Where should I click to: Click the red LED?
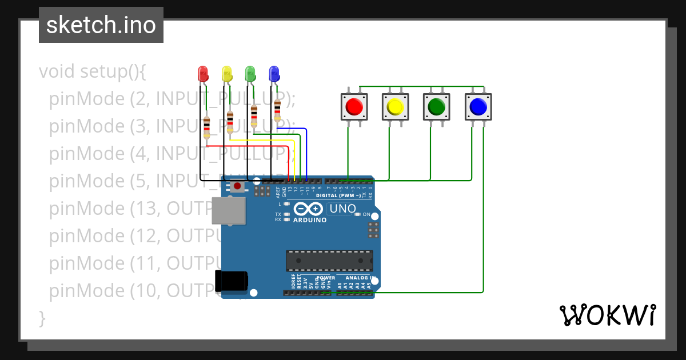click(x=202, y=73)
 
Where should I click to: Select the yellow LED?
click(x=226, y=73)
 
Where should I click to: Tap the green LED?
click(x=250, y=73)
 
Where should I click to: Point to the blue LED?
click(x=274, y=73)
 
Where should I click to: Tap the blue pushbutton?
click(x=478, y=107)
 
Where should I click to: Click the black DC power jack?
click(x=231, y=280)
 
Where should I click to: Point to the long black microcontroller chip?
click(x=329, y=261)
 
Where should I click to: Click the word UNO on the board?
click(x=343, y=209)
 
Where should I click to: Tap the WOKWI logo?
click(x=607, y=315)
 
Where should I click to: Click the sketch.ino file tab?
click(x=101, y=25)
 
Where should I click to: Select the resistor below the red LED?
click(x=207, y=127)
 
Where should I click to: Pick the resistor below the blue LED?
click(x=278, y=110)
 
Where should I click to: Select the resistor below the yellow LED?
click(x=230, y=121)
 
